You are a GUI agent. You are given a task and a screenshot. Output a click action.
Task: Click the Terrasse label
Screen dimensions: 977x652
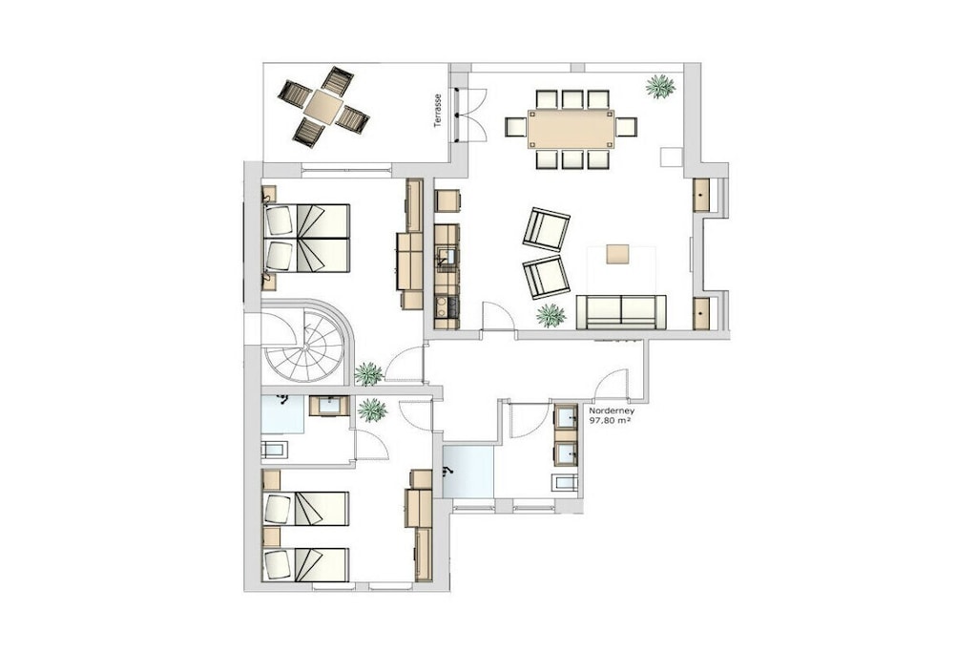[x=438, y=111]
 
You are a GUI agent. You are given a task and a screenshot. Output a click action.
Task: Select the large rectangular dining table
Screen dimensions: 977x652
[x=571, y=129]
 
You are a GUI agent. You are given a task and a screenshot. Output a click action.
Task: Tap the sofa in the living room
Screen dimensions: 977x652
[x=621, y=311]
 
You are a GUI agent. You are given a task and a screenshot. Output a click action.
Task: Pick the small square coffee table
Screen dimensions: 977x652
[x=618, y=254]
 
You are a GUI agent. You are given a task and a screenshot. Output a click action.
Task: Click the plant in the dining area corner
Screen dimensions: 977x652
[x=660, y=86]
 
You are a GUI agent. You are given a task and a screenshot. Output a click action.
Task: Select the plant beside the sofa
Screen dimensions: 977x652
[x=551, y=315]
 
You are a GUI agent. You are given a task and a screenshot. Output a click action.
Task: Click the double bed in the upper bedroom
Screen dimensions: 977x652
[x=306, y=238]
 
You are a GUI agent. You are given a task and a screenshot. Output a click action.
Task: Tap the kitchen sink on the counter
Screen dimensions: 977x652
[x=447, y=255]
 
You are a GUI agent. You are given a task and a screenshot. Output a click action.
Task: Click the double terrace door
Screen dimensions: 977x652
[x=471, y=116]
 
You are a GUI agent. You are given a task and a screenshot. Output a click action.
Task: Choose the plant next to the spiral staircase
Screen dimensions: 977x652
[x=369, y=374]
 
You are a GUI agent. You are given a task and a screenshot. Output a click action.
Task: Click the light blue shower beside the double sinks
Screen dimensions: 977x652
[x=468, y=472]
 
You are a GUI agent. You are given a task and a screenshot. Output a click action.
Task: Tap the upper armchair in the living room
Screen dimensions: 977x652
[x=547, y=229]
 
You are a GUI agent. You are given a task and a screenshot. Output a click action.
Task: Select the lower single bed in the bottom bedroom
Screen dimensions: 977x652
[x=305, y=564]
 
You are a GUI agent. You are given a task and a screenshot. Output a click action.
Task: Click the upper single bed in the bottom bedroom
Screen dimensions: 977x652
[x=305, y=508]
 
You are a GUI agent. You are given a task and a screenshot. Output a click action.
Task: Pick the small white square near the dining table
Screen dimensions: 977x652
[x=672, y=157]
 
